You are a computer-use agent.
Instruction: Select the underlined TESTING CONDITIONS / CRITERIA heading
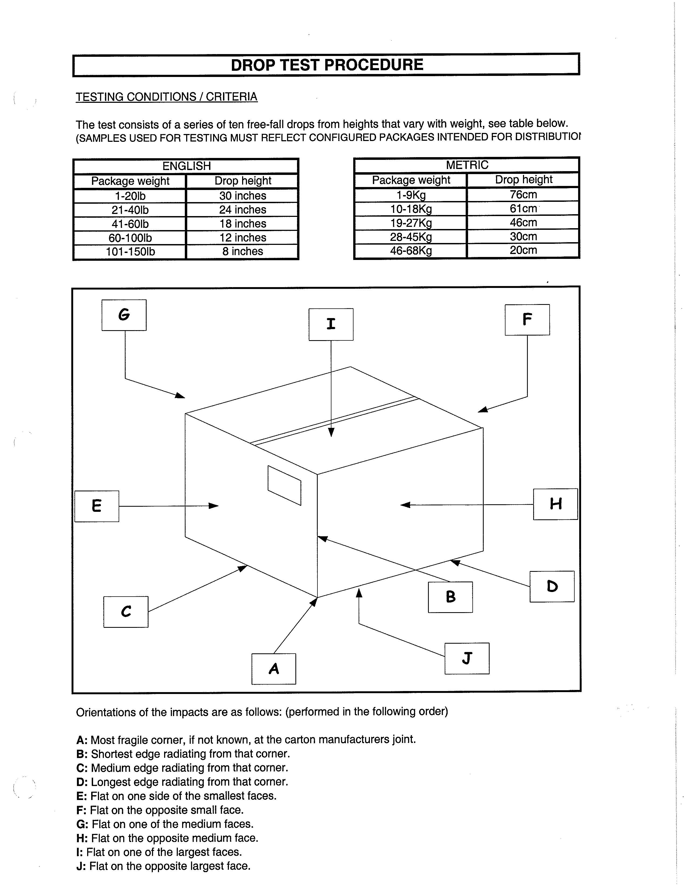click(x=167, y=97)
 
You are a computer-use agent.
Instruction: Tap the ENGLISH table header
click(x=186, y=166)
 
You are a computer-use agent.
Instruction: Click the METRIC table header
click(x=467, y=165)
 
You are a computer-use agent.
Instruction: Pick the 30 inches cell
click(x=243, y=196)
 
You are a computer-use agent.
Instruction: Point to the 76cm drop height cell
click(x=523, y=194)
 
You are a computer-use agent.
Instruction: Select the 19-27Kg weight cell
click(x=411, y=223)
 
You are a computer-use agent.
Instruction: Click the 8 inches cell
click(x=243, y=251)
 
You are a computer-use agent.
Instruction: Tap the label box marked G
click(x=124, y=315)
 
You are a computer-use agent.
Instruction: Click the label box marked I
click(x=331, y=324)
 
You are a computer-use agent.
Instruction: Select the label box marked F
click(x=527, y=320)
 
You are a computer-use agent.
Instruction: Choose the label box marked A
click(x=274, y=669)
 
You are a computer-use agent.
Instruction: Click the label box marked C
click(x=126, y=612)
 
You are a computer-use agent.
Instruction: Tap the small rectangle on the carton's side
click(x=284, y=485)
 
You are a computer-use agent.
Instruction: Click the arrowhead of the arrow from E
click(x=214, y=506)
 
